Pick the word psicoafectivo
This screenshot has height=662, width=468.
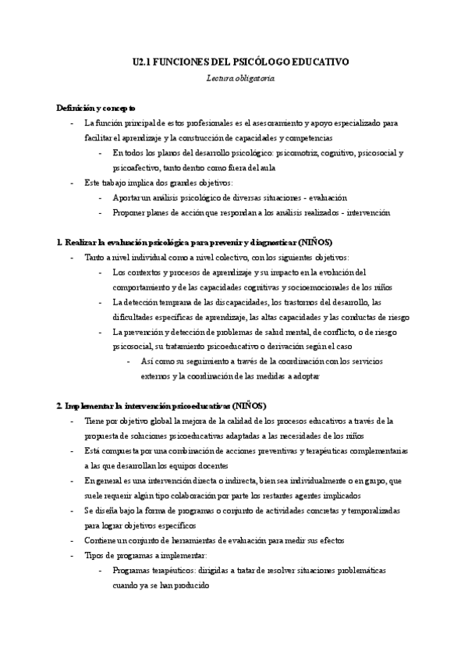tap(137, 166)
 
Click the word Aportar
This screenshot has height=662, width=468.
tap(127, 198)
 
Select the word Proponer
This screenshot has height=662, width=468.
tap(130, 212)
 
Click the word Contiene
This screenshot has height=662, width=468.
tap(101, 540)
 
